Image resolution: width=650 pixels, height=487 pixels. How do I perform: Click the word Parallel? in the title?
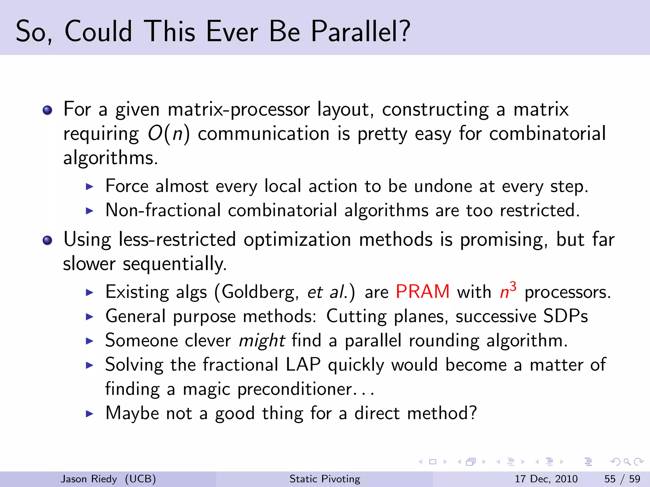pos(361,32)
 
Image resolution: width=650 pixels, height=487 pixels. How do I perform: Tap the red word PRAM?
pos(422,291)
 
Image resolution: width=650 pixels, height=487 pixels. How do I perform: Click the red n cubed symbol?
pos(508,290)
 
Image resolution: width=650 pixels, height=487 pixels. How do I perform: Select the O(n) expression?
pos(169,133)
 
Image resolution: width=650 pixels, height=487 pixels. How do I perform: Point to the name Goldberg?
pos(260,292)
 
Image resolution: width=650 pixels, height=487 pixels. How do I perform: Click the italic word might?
pos(262,341)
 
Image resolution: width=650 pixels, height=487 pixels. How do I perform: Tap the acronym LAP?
pos(303,365)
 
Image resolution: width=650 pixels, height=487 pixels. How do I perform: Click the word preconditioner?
pos(295,389)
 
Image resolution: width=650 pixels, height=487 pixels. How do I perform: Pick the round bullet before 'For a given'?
pos(47,110)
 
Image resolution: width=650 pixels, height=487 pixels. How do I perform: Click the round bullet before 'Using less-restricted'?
pos(47,240)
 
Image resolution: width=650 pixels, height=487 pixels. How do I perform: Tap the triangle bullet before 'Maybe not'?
pos(90,414)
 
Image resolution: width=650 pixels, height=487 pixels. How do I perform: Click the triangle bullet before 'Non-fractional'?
pos(90,211)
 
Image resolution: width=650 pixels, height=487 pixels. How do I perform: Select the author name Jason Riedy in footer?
pos(89,479)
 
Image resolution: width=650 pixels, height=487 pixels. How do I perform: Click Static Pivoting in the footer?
pos(325,479)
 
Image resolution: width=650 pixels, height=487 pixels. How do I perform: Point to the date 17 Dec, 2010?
pos(546,479)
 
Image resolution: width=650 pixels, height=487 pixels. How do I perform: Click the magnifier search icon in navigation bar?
pos(627,462)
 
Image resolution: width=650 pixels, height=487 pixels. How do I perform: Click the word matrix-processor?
pos(238,110)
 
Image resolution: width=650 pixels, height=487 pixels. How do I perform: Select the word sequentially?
pos(175,264)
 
